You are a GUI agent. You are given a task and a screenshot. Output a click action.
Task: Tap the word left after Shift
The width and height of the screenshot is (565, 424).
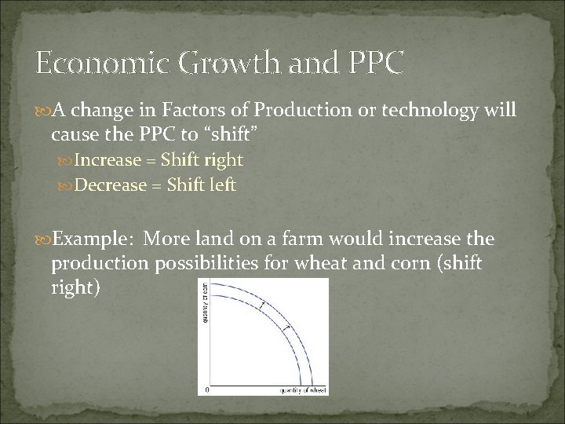221,185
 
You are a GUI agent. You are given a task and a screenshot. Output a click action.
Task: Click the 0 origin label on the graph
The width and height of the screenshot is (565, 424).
206,389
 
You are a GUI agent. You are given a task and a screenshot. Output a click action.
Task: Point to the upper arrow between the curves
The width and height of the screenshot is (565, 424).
263,304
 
